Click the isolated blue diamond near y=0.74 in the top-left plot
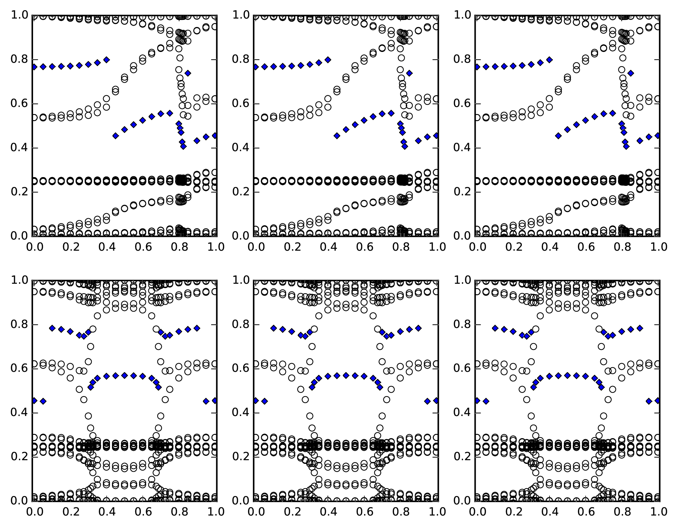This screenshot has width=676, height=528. pyautogui.click(x=188, y=73)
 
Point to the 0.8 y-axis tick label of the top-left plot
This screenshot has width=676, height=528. pyautogui.click(x=20, y=60)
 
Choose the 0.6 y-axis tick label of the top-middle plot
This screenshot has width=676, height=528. pyautogui.click(x=241, y=104)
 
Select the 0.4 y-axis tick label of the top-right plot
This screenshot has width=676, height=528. pyautogui.click(x=462, y=148)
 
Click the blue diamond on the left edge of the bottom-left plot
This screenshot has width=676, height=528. pyautogui.click(x=34, y=400)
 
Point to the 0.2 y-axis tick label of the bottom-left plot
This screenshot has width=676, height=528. pyautogui.click(x=20, y=457)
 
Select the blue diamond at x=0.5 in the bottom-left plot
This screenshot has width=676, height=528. pyautogui.click(x=124, y=375)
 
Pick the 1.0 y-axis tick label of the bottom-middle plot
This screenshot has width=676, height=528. pyautogui.click(x=241, y=280)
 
